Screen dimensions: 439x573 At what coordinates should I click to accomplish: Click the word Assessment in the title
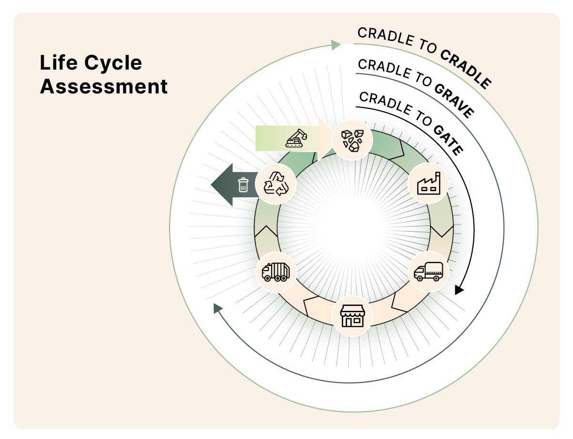(x=103, y=87)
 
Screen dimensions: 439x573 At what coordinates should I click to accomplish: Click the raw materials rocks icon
(x=352, y=140)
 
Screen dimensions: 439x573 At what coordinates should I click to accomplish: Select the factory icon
(x=428, y=184)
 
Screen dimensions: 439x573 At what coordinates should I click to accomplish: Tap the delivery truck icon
(x=428, y=271)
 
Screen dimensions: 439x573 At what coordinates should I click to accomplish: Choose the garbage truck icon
(x=276, y=272)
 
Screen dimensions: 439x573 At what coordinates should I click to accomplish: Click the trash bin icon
(x=243, y=184)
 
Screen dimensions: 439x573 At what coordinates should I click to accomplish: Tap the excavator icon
(x=296, y=138)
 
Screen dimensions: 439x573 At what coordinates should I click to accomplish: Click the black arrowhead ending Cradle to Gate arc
(x=459, y=290)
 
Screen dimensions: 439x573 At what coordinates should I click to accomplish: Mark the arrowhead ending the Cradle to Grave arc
(x=218, y=308)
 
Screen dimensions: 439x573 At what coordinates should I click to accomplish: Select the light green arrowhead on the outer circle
(x=336, y=45)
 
